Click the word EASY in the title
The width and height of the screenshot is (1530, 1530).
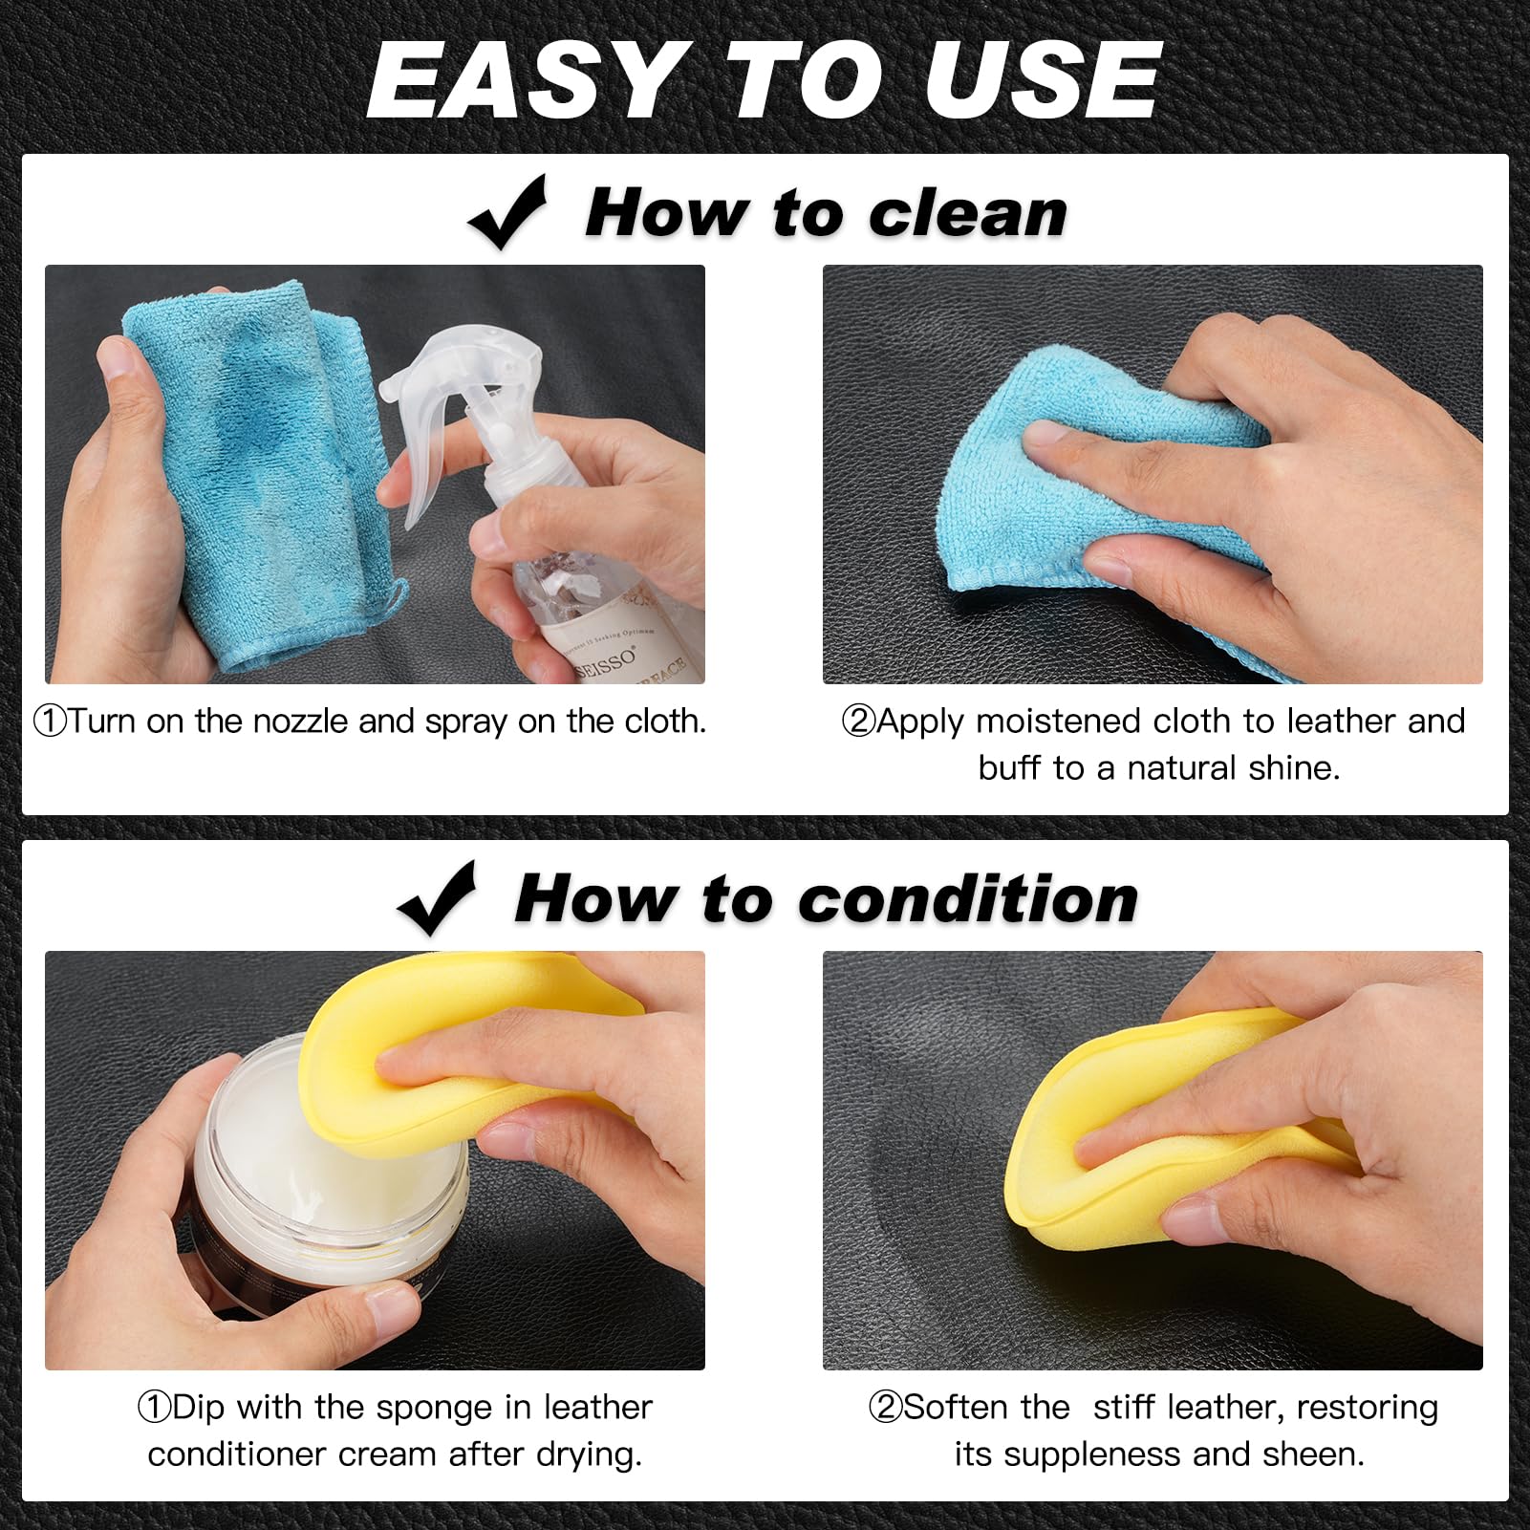tap(523, 81)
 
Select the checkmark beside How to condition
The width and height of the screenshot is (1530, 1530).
tap(437, 898)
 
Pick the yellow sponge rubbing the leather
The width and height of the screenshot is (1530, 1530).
tap(1175, 1128)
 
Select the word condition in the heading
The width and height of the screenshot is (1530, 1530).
tap(968, 899)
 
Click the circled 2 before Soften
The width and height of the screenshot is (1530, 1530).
tap(884, 1408)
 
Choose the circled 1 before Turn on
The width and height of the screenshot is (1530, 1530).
tap(50, 722)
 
